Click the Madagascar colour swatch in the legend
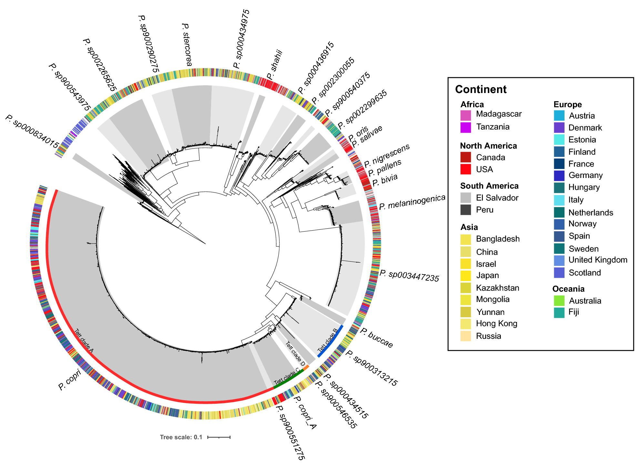(465, 115)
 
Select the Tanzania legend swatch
(465, 127)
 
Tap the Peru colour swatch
(465, 210)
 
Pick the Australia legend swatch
(559, 301)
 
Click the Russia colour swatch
(465, 336)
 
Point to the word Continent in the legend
(481, 89)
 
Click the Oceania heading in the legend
(568, 289)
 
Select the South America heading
(489, 186)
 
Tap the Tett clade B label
(327, 340)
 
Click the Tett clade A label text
(84, 341)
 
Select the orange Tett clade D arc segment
(306, 367)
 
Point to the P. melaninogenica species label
(412, 202)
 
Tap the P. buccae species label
(377, 338)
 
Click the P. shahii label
(275, 65)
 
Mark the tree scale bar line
(219, 437)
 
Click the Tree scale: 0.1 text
(181, 437)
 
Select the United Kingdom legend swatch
(559, 260)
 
